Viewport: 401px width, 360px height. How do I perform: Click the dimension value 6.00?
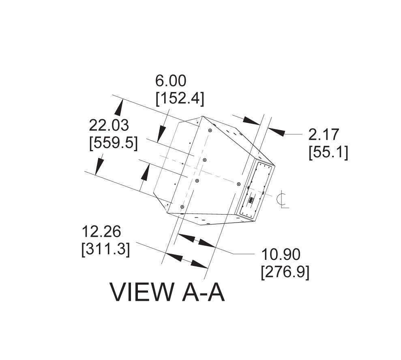click(x=171, y=81)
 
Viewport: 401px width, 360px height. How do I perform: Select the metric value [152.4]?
click(x=180, y=98)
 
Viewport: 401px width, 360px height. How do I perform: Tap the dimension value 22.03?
click(x=109, y=125)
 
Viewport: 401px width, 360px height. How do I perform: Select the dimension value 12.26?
click(x=101, y=231)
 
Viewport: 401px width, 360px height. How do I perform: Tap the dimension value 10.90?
click(x=281, y=254)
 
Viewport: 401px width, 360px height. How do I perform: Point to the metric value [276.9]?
click(x=285, y=272)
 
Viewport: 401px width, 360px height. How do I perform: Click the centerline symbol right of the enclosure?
click(x=283, y=199)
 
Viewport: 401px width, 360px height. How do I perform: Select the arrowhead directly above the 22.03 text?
click(x=119, y=107)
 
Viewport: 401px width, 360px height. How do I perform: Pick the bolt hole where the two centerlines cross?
click(x=197, y=180)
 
